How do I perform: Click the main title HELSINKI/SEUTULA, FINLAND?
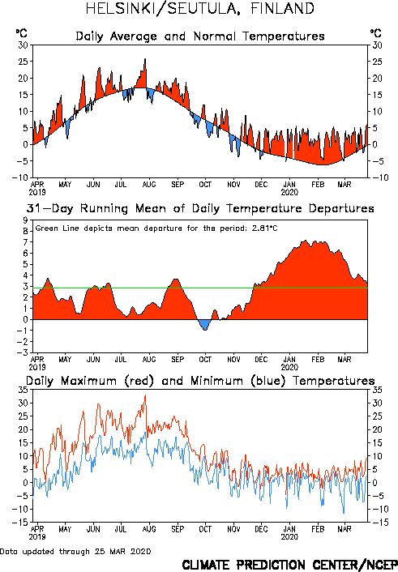coord(199,9)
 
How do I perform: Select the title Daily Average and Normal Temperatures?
coord(200,36)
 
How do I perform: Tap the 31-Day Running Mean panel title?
coord(200,209)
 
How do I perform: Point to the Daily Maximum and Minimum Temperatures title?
coord(200,381)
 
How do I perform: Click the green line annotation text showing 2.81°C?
coord(156,228)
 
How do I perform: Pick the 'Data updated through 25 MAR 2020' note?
coord(75,551)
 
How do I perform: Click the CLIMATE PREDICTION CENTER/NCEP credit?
coord(289,565)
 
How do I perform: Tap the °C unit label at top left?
coord(22,33)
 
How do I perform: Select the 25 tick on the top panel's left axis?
coord(23,62)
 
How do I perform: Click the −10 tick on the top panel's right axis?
coord(380,177)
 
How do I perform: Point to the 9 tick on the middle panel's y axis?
coord(25,220)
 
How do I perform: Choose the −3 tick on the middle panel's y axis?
coord(22,352)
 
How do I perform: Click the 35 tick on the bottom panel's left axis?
coord(23,390)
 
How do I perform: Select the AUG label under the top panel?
coord(149,185)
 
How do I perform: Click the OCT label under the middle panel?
coord(205,360)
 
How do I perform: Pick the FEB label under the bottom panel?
coord(318,529)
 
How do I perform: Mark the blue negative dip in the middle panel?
coord(205,324)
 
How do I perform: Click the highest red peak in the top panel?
coord(145,59)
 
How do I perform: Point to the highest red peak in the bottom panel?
coord(145,395)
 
